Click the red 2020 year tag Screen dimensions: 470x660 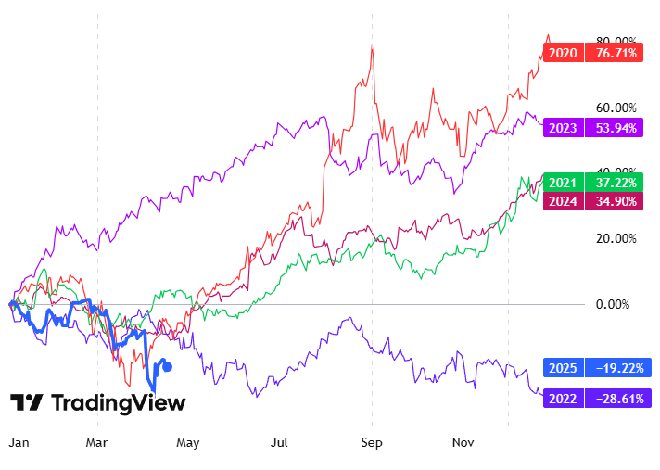coord(563,53)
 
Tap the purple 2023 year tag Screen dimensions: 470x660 coord(563,128)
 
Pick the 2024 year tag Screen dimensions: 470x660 coord(563,201)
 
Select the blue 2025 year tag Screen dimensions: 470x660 coord(563,368)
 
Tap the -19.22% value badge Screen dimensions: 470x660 coord(616,368)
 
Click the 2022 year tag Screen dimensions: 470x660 coord(563,399)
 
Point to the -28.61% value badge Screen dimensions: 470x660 coord(616,399)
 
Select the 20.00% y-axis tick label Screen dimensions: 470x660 coord(615,238)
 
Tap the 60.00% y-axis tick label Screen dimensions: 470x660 coord(615,108)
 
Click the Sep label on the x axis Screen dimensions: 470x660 coord(372,443)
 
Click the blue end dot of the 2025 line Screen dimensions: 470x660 coord(167,366)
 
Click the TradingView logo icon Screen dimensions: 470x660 coord(27,403)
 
